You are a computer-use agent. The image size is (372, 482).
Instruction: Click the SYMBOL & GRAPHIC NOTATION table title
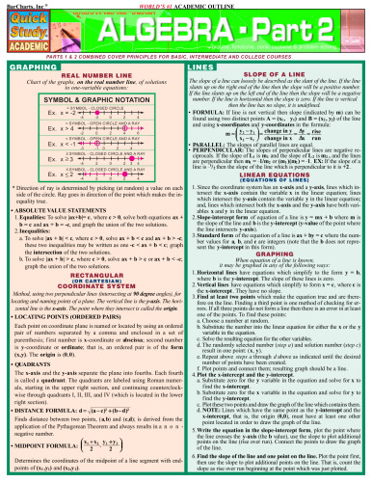tap(93, 102)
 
